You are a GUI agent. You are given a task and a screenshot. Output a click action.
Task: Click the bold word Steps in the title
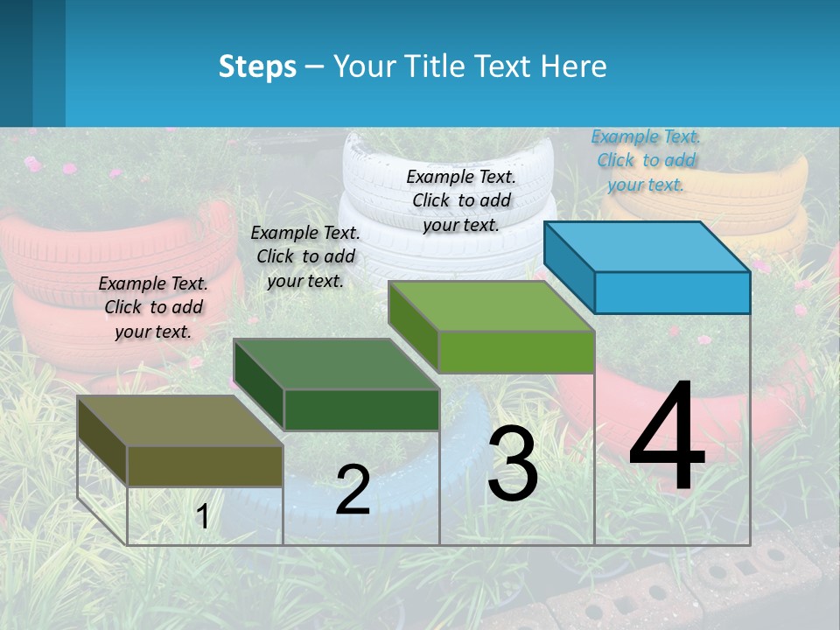257,66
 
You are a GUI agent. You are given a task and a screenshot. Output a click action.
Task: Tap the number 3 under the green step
513,464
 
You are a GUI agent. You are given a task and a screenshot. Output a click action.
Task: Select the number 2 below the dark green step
353,490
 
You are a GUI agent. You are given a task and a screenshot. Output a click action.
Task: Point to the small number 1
202,517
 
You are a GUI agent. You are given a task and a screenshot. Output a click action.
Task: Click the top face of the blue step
647,246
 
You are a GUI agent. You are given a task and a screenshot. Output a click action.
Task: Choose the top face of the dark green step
336,363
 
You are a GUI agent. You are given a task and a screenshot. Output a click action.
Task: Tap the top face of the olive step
180,420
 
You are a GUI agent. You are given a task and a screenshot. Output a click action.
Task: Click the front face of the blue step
672,292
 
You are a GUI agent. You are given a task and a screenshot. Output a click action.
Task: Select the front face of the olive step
205,465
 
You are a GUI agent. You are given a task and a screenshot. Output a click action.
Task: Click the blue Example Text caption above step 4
646,160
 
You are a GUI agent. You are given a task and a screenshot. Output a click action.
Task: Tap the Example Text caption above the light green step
461,200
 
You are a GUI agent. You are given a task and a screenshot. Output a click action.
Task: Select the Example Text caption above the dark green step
305,256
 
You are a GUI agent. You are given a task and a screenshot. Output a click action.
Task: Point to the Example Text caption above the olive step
153,307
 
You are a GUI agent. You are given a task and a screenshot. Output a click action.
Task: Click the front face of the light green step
516,352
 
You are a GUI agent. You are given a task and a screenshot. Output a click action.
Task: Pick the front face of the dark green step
361,409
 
